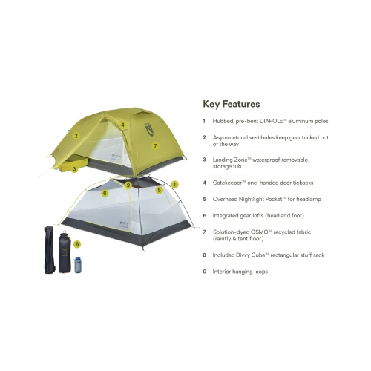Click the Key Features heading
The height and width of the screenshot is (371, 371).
point(232,104)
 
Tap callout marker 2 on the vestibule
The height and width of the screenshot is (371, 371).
point(76,136)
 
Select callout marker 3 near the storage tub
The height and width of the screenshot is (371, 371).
point(74,169)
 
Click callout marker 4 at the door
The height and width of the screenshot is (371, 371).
point(122,125)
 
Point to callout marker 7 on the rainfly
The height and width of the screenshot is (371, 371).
point(155,145)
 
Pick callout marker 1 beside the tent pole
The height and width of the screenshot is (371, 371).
point(174,185)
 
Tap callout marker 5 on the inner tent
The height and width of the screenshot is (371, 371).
point(160,190)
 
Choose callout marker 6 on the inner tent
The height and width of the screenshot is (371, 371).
point(105,193)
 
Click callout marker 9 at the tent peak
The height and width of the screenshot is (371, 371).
point(128,185)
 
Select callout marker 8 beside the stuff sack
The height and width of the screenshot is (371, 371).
point(77,244)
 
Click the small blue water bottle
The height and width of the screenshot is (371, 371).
point(77,264)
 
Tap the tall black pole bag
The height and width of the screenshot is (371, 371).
point(50,250)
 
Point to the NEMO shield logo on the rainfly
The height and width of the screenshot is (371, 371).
point(149,129)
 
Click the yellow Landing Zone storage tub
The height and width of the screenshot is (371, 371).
point(73,164)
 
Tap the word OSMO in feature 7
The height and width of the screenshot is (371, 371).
point(260,232)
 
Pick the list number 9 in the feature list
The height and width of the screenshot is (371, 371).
point(205,272)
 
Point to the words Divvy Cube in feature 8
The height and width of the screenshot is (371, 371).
point(251,255)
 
